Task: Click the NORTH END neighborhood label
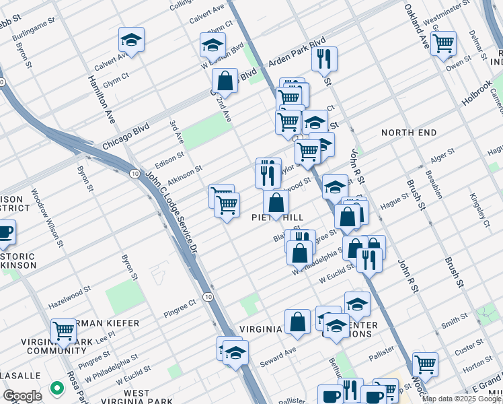click(x=410, y=133)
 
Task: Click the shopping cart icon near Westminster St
click(x=443, y=43)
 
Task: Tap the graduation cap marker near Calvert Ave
click(x=132, y=39)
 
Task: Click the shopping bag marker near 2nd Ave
click(x=225, y=81)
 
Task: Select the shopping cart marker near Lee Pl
click(x=63, y=331)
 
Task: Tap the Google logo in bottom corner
click(x=22, y=395)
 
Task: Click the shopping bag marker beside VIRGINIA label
click(x=297, y=323)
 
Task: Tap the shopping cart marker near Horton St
click(x=425, y=364)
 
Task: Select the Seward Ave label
click(x=281, y=352)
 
